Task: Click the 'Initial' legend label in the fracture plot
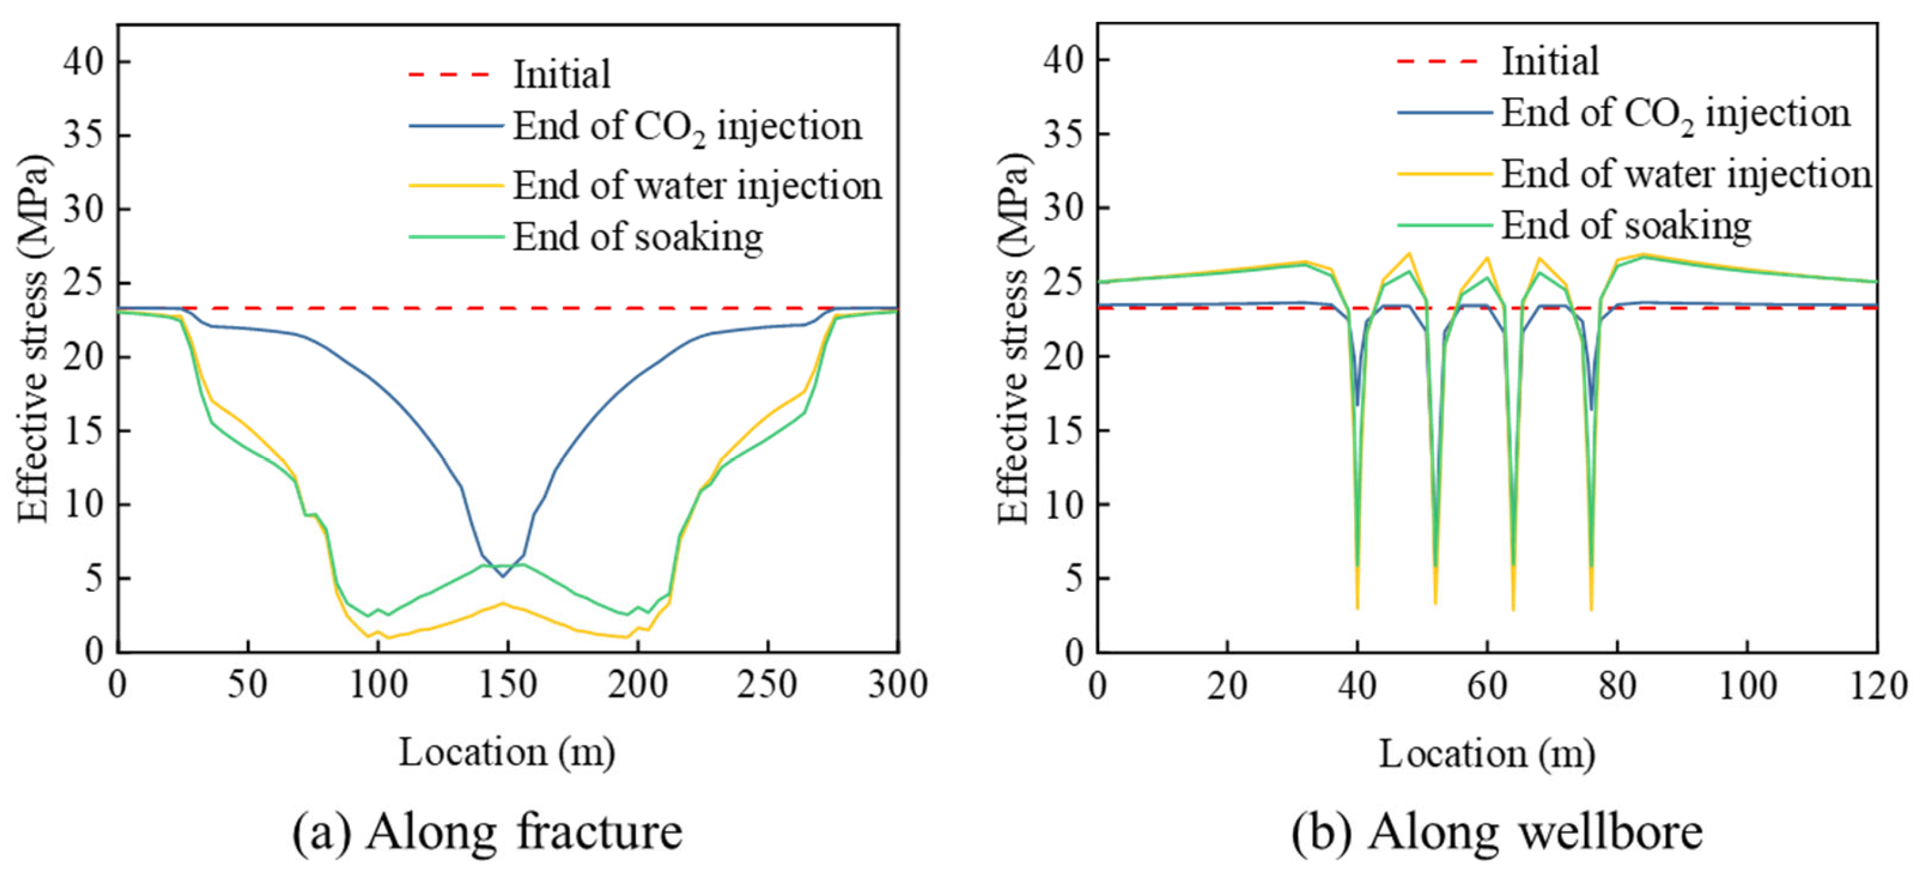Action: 561,74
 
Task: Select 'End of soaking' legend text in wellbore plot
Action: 1626,225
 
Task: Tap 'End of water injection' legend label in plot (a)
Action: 697,186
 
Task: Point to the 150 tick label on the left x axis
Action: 508,684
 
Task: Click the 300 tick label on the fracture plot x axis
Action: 897,684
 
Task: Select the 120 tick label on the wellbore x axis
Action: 1877,684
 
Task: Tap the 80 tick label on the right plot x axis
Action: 1617,684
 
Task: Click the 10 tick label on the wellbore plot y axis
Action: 1063,505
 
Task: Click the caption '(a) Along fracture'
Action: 487,832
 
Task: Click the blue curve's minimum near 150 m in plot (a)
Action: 503,576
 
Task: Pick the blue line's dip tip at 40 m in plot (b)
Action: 1357,405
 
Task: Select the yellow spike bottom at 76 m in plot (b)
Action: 1591,610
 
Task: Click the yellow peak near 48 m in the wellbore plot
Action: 1409,253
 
